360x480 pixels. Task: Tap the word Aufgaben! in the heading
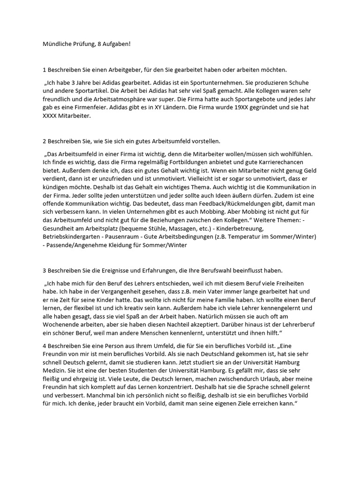tap(116, 44)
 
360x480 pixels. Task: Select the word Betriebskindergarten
tap(75, 237)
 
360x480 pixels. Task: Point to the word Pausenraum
tap(131, 237)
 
